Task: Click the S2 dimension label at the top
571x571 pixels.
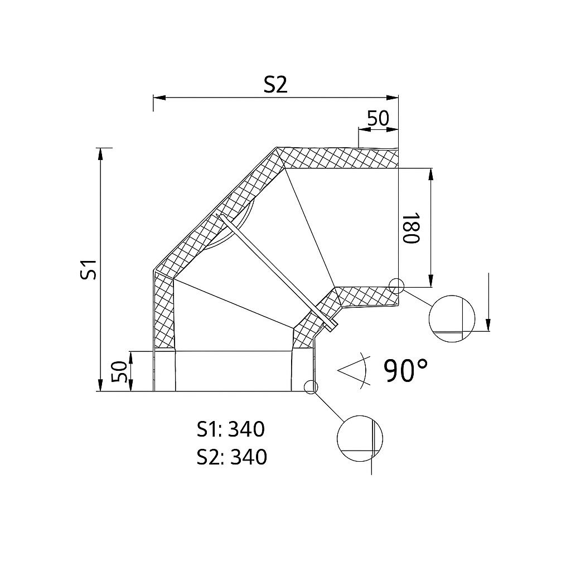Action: click(275, 84)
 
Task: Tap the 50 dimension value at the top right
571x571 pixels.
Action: click(378, 118)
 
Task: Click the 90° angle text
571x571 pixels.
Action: click(406, 370)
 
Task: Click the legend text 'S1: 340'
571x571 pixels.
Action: click(230, 429)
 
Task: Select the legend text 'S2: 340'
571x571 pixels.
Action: click(231, 457)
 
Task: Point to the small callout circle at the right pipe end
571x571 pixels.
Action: click(396, 285)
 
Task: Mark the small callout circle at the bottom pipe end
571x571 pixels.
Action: click(311, 386)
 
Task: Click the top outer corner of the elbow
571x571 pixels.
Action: click(277, 148)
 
